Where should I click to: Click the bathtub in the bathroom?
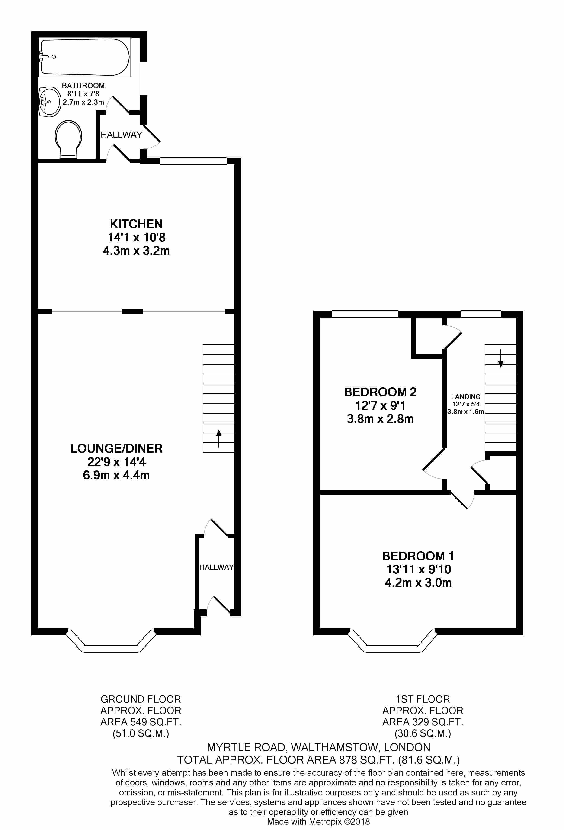click(85, 57)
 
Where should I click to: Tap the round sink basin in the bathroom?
click(49, 102)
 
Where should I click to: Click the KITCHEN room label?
click(136, 224)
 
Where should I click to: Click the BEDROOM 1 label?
click(418, 556)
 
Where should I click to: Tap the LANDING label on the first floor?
click(465, 396)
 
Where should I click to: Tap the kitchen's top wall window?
click(193, 161)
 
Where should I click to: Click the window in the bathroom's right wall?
click(143, 78)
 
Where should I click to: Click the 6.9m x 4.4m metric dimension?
click(116, 475)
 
